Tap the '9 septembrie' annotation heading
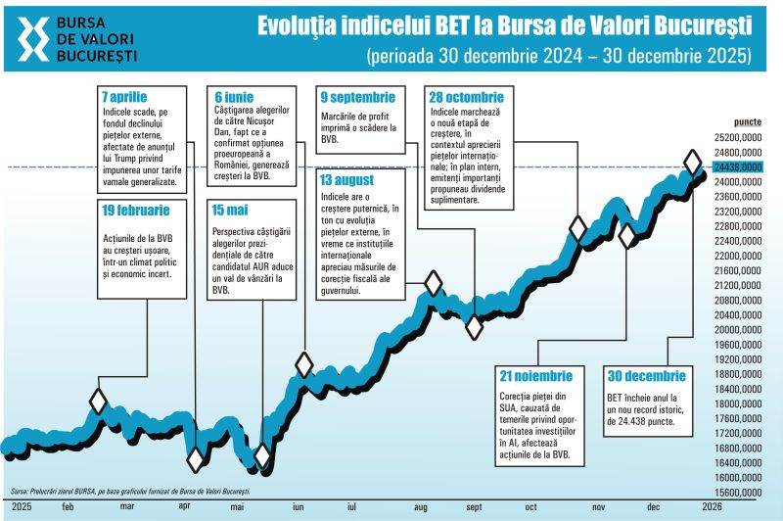357,98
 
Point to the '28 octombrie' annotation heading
466,98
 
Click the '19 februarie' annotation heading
135,210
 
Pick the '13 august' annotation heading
345,180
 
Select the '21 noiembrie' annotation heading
535,376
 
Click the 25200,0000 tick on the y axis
739,138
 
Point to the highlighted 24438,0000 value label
739,167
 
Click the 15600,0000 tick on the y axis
739,493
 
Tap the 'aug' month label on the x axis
422,507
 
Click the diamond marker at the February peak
98,401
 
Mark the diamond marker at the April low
197,459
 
